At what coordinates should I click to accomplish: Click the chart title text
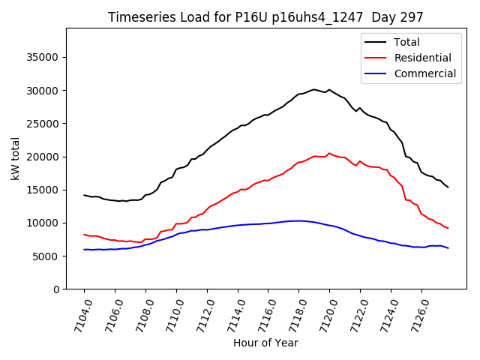pos(265,17)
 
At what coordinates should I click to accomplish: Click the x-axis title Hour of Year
pos(265,343)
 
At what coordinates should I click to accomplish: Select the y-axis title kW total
pos(15,159)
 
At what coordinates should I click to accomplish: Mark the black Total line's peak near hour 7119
pos(314,89)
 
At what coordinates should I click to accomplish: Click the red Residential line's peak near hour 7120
pos(329,153)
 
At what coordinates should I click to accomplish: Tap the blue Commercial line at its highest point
pos(298,220)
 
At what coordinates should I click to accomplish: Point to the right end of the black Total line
pos(448,187)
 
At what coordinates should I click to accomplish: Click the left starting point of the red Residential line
pos(84,234)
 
